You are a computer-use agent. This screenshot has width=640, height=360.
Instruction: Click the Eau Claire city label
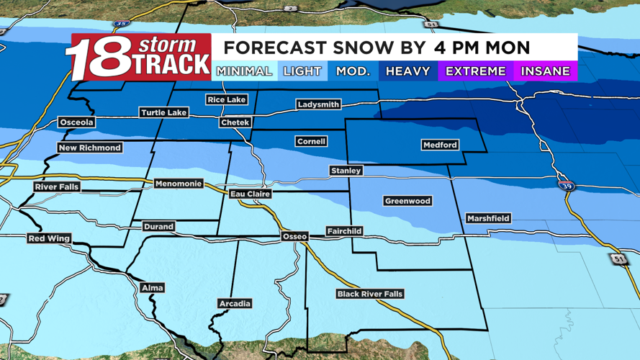click(250, 194)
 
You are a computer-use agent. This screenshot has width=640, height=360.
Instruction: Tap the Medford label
click(439, 145)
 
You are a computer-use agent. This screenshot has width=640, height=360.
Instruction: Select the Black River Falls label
click(370, 294)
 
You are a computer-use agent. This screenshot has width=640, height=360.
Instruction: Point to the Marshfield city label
click(488, 218)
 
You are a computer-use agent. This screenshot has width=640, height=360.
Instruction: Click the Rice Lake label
click(226, 99)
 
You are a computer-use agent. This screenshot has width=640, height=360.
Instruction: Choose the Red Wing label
click(49, 238)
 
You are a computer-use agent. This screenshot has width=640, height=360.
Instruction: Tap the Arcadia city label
click(235, 304)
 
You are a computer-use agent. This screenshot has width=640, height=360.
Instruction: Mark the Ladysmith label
click(318, 104)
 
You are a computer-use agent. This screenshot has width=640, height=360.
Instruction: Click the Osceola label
click(76, 122)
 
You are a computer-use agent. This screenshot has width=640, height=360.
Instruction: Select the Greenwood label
click(407, 201)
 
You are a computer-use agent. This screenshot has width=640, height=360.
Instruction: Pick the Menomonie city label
click(179, 184)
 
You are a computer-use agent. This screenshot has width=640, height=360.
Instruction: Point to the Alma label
click(152, 288)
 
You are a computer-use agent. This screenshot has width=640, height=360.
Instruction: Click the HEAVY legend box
click(407, 71)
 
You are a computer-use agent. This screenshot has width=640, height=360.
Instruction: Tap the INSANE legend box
click(545, 71)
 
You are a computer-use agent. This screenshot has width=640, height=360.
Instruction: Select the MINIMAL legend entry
click(244, 71)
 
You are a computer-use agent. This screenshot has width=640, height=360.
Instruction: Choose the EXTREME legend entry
click(475, 71)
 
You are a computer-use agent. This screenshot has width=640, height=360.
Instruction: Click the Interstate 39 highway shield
click(566, 185)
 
